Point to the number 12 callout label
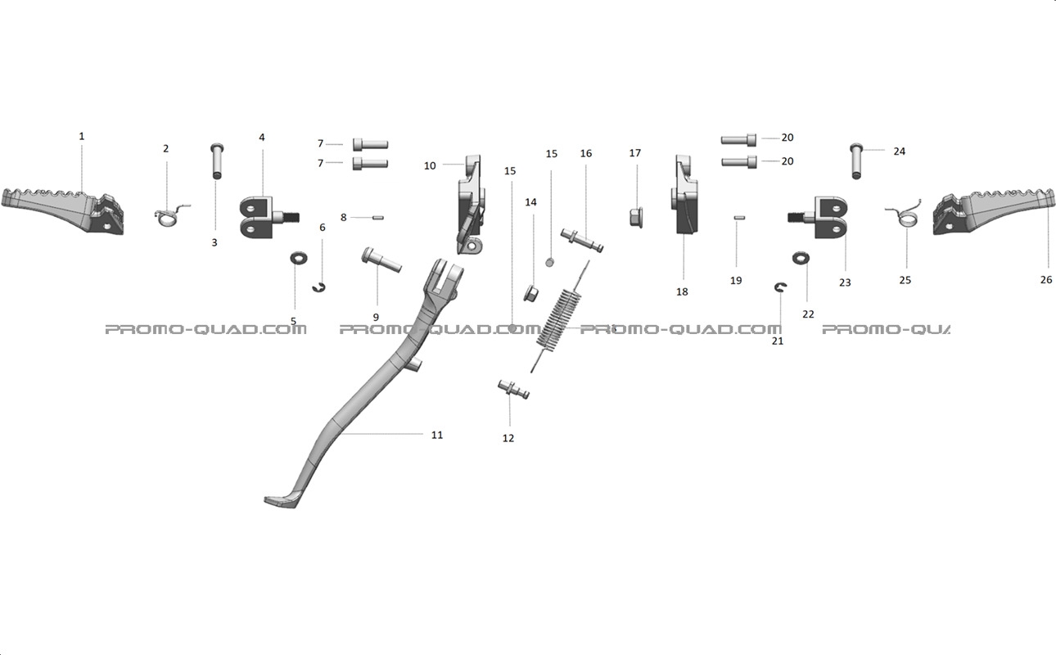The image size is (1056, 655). click(x=508, y=438)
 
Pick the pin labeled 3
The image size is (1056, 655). click(x=216, y=160)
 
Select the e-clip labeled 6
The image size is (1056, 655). click(x=319, y=287)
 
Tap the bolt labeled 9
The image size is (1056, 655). click(x=381, y=260)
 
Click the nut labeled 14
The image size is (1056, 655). click(x=531, y=293)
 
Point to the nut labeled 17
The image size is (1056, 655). click(x=636, y=218)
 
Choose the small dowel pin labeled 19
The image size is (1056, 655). click(x=738, y=218)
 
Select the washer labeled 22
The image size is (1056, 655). click(x=801, y=258)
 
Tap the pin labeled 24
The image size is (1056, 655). click(x=856, y=160)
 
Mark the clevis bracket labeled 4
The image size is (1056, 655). click(x=269, y=217)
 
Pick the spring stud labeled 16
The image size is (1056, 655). click(x=582, y=241)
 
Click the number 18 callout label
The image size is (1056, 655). click(x=682, y=292)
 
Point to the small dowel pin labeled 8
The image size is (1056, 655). click(x=377, y=218)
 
